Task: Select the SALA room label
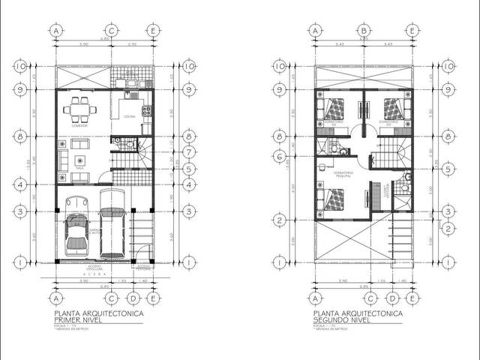pos(79,169)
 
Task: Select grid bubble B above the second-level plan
pos(364,30)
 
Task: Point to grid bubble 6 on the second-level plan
pos(279,157)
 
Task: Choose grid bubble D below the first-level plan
pos(132,298)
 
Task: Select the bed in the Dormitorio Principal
pos(331,199)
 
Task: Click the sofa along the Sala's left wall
pos(62,159)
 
